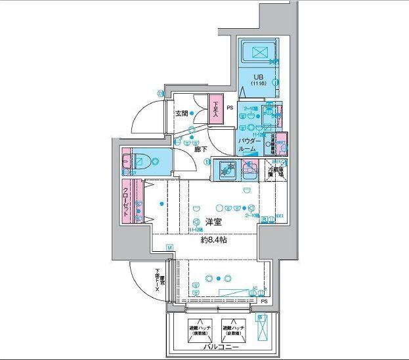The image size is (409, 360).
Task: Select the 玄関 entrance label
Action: click(181, 113)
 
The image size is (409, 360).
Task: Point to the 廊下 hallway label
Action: click(200, 149)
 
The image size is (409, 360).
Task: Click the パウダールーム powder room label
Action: click(247, 146)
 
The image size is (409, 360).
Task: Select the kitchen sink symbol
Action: click(227, 170)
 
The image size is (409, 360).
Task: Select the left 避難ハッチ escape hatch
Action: click(198, 328)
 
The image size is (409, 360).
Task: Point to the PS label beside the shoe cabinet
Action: click(230, 108)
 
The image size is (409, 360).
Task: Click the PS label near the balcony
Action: click(264, 302)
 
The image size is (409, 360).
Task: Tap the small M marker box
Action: click(169, 248)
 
